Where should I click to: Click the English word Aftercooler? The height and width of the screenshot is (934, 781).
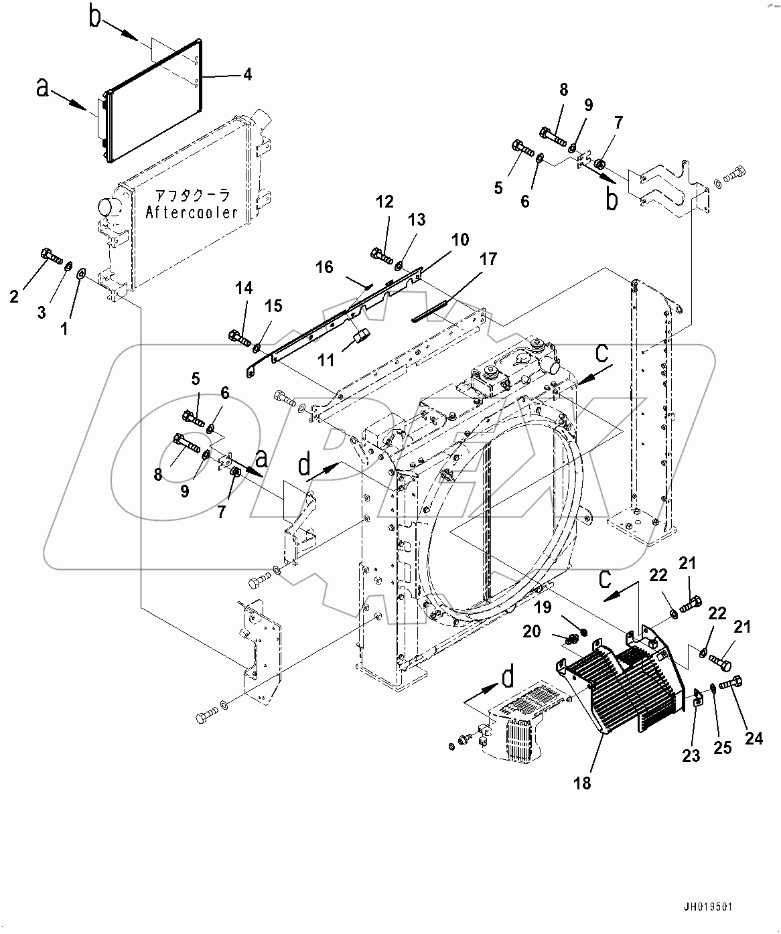pyautogui.click(x=192, y=212)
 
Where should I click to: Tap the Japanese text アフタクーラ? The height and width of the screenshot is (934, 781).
pyautogui.click(x=192, y=196)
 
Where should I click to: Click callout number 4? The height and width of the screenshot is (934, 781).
pyautogui.click(x=247, y=75)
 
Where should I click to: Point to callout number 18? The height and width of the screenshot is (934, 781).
pyautogui.click(x=583, y=782)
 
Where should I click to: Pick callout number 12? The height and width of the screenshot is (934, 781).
pyautogui.click(x=384, y=202)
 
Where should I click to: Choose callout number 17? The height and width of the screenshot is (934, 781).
pyautogui.click(x=488, y=259)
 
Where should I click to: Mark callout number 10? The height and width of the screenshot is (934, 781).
pyautogui.click(x=459, y=240)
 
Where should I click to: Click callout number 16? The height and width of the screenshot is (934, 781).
pyautogui.click(x=324, y=268)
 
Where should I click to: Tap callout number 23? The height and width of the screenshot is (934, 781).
pyautogui.click(x=691, y=755)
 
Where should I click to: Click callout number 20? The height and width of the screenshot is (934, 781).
pyautogui.click(x=531, y=631)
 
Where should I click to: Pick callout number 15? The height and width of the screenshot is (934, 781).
pyautogui.click(x=273, y=306)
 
